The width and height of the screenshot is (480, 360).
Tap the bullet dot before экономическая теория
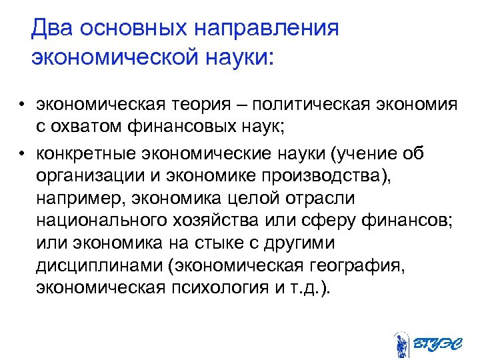[22, 106]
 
